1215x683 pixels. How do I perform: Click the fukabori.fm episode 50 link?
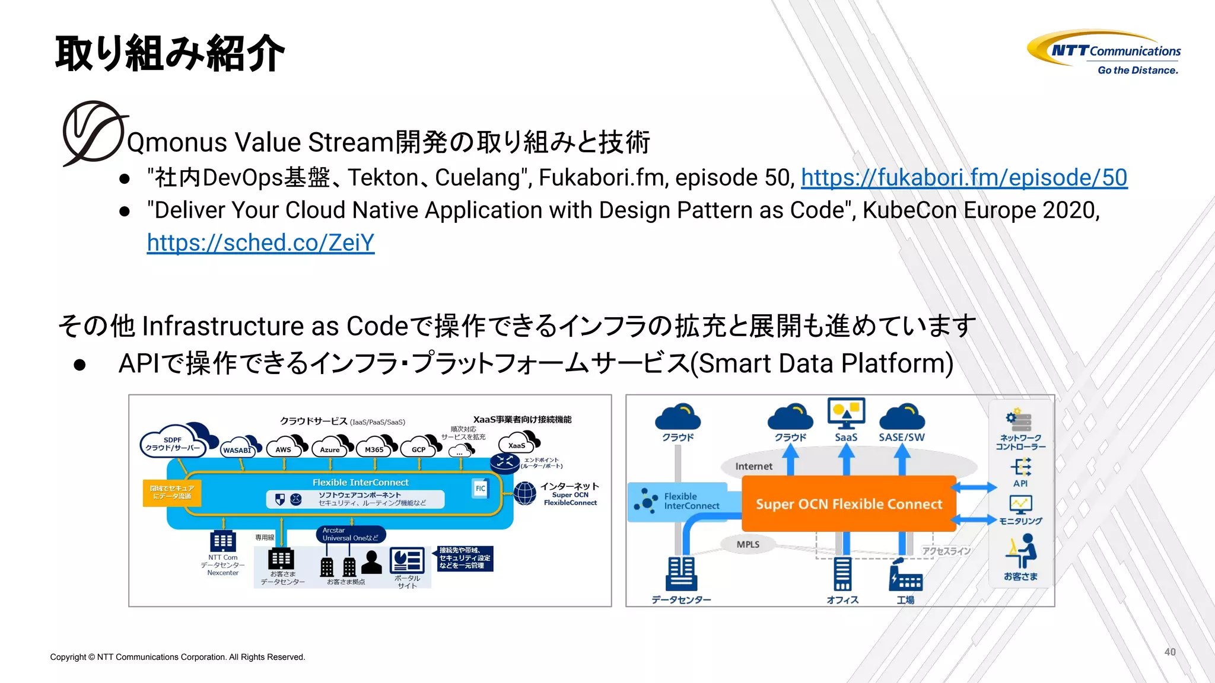[963, 178]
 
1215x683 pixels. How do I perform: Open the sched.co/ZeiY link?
[260, 243]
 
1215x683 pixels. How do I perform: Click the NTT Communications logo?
[1104, 52]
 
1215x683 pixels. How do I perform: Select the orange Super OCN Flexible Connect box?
[848, 504]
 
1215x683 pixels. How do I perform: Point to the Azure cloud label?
[330, 449]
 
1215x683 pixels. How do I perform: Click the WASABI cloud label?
[237, 450]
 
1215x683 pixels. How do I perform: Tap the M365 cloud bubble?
[374, 449]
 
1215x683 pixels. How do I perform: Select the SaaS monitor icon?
[846, 413]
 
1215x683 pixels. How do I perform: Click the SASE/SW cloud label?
[901, 437]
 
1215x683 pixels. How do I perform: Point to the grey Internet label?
[753, 467]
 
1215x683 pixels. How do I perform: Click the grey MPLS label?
[748, 544]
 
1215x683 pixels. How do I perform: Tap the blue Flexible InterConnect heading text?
[360, 483]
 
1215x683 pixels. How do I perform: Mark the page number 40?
[1169, 652]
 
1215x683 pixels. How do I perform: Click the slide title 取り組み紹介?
[170, 54]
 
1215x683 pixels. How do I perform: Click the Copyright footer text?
[177, 657]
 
